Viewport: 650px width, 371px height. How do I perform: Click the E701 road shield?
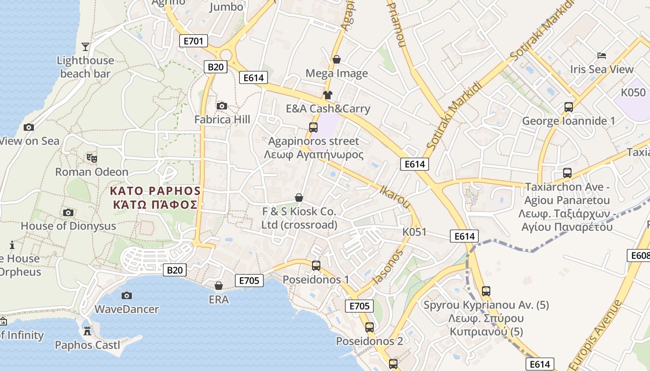(x=193, y=41)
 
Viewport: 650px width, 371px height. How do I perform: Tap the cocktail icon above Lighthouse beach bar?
(x=85, y=46)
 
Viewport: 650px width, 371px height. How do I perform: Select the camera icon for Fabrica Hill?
(x=222, y=106)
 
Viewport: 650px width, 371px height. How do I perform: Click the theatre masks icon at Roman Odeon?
(x=92, y=158)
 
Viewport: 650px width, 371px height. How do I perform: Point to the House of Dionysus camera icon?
(x=68, y=213)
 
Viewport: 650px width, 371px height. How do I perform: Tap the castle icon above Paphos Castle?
(x=87, y=331)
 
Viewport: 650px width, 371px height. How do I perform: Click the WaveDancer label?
(x=126, y=309)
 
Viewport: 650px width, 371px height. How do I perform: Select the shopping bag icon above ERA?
(x=218, y=286)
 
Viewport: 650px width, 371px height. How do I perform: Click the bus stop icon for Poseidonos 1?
(x=316, y=266)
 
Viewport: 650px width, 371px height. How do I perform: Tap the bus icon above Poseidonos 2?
(x=370, y=327)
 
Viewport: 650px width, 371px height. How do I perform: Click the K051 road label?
(x=414, y=232)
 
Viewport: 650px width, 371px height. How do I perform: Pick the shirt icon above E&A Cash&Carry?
(x=328, y=95)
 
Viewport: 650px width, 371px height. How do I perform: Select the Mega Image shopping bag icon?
(x=337, y=59)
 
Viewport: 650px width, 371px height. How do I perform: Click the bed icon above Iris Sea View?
(x=602, y=56)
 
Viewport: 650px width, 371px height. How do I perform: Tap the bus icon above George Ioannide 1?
(x=569, y=107)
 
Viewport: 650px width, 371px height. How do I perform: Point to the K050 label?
(x=633, y=92)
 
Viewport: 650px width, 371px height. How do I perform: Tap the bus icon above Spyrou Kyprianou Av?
(x=486, y=291)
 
